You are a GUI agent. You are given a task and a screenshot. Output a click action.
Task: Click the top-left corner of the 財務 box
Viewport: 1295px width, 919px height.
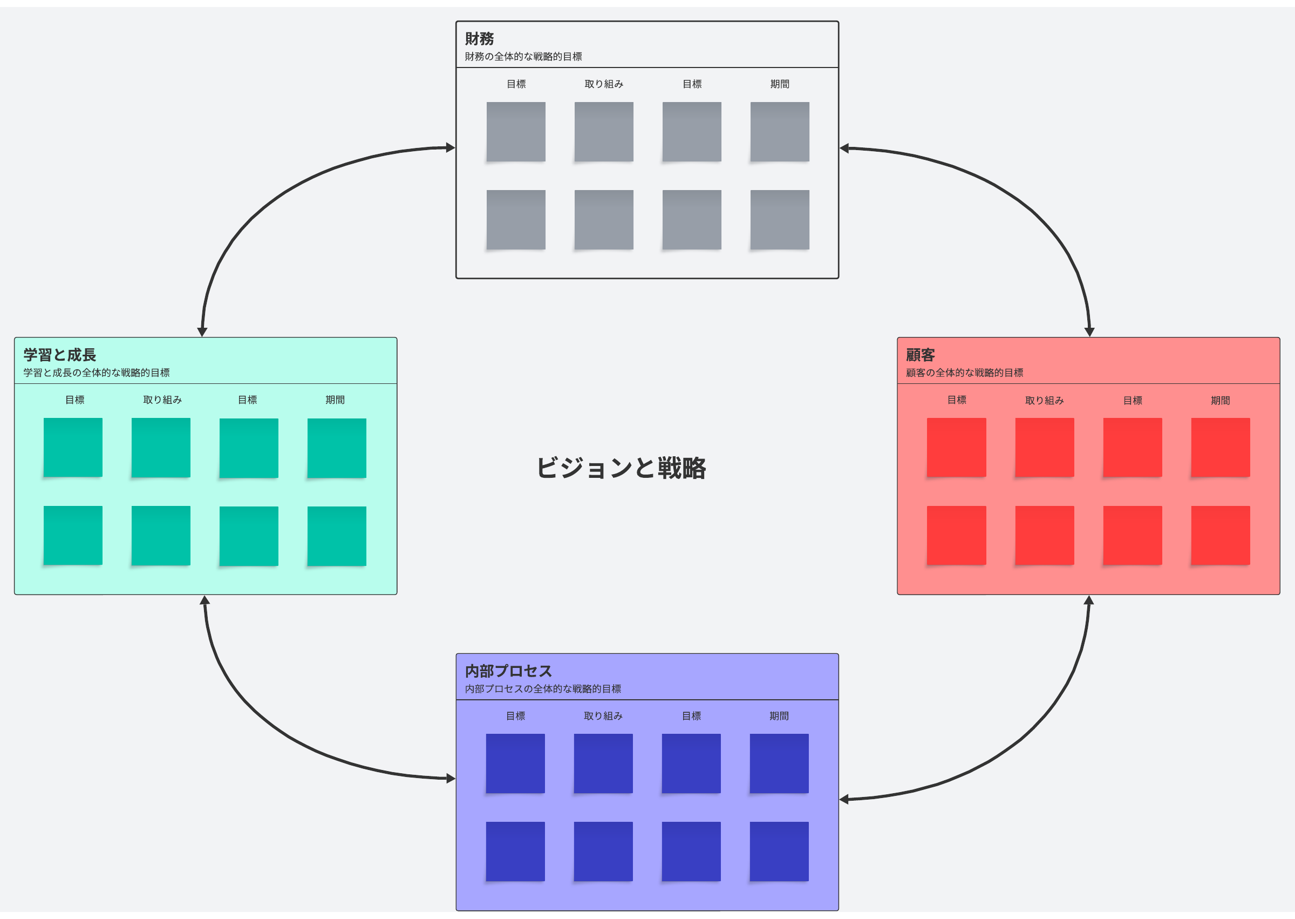click(x=456, y=22)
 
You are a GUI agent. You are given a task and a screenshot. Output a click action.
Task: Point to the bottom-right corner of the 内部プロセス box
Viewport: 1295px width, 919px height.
click(x=839, y=910)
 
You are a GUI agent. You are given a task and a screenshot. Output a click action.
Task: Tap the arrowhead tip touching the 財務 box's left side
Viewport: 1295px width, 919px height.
click(x=456, y=148)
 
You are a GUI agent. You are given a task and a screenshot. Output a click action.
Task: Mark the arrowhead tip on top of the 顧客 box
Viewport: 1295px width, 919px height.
click(x=1089, y=337)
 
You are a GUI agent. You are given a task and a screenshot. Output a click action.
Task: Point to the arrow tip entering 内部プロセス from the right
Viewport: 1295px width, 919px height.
click(x=839, y=800)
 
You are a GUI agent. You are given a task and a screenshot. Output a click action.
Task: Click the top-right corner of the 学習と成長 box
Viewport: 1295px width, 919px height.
click(x=397, y=338)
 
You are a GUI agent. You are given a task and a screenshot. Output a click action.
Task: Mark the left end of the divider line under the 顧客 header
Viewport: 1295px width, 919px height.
click(x=897, y=384)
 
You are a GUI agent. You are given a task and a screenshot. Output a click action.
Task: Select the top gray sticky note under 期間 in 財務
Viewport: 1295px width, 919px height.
click(x=780, y=132)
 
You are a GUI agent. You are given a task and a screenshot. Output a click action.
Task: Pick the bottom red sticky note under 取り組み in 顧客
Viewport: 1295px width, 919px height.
click(x=1045, y=535)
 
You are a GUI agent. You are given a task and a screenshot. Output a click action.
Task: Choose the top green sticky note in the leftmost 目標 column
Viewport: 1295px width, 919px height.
click(x=73, y=448)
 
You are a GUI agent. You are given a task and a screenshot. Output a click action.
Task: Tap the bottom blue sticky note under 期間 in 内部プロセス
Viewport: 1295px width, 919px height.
click(x=779, y=852)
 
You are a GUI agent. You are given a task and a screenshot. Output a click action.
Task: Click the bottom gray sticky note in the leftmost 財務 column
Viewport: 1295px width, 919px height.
click(x=516, y=220)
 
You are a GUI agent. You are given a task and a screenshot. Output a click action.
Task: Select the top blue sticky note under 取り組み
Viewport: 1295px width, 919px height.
click(x=603, y=764)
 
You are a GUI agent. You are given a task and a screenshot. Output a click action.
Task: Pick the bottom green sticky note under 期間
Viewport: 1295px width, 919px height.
click(x=337, y=536)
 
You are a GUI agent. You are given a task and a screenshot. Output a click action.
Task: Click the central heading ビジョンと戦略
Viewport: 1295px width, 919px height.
click(x=621, y=469)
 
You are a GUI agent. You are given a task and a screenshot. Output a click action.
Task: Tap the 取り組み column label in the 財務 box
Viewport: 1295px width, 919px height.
click(x=604, y=84)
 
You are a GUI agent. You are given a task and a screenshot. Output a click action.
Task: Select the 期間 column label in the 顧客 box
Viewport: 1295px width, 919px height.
click(x=1221, y=401)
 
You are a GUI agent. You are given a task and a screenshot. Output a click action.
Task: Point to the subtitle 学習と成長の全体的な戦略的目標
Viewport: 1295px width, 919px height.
click(x=97, y=373)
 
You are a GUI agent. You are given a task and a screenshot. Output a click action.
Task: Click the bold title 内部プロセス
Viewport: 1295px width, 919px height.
click(x=508, y=671)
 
